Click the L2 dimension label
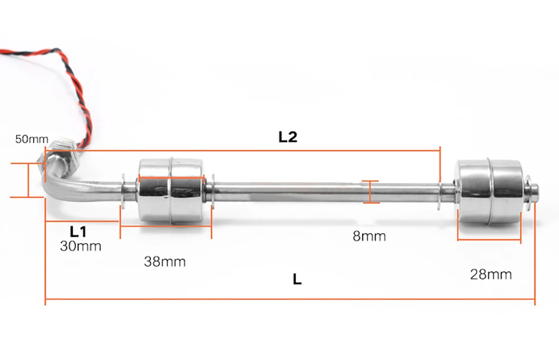pos(288,137)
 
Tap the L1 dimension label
pos(78,231)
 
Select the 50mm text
pos(32,139)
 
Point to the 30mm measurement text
pos(80,247)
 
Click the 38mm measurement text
pos(165,262)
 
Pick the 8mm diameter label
pos(369,236)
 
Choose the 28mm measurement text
pos(491,274)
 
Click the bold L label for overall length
pos(297,280)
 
